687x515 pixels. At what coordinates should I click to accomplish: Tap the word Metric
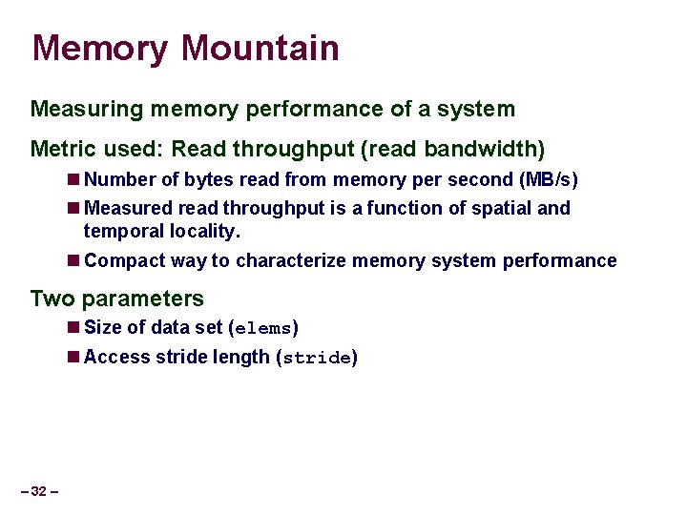click(x=62, y=149)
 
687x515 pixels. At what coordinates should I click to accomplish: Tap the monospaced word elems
click(x=263, y=329)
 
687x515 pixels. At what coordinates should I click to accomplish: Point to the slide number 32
click(x=39, y=491)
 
